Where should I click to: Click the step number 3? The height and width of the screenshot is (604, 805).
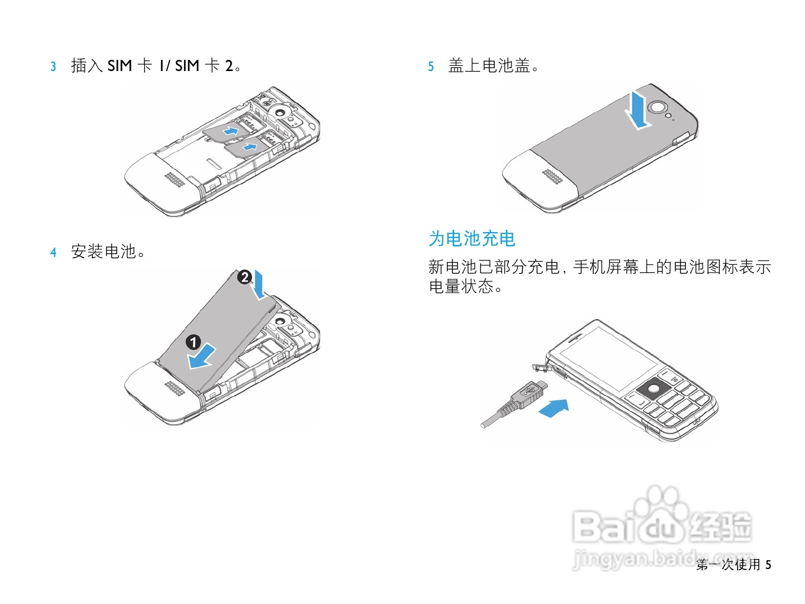(x=53, y=66)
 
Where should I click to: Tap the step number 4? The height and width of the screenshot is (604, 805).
(x=53, y=253)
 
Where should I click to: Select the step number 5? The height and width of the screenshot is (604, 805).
(x=431, y=66)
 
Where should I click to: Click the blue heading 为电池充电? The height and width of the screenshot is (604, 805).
(x=472, y=239)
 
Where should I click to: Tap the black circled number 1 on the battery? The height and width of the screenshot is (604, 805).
(x=193, y=342)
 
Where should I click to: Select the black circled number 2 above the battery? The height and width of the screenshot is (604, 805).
(x=244, y=277)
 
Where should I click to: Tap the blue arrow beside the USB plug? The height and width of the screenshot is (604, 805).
(x=554, y=408)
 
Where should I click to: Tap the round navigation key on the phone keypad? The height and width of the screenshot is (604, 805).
(x=653, y=389)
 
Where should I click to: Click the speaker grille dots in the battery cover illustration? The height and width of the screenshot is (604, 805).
(x=552, y=176)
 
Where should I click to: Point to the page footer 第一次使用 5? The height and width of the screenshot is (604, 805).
(x=733, y=564)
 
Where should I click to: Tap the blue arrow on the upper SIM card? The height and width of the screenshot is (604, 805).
(x=231, y=130)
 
